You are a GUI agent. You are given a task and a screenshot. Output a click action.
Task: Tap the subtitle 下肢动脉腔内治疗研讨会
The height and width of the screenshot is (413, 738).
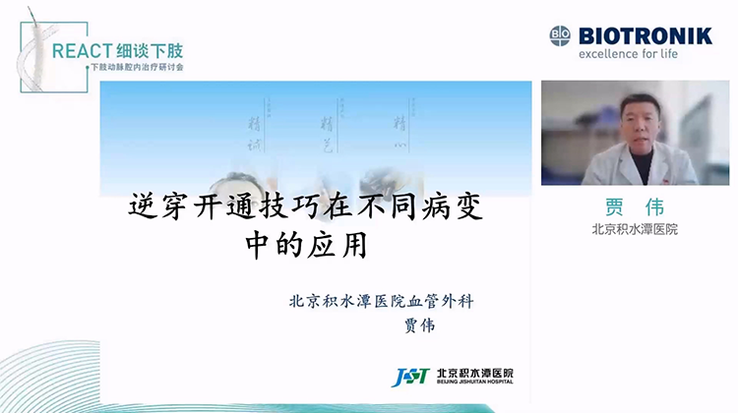pos(136,68)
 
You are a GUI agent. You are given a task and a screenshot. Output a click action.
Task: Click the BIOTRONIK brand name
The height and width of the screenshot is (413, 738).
pos(646,35)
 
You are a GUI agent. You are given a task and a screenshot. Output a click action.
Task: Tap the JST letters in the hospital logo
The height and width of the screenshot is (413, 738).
pos(408,378)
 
